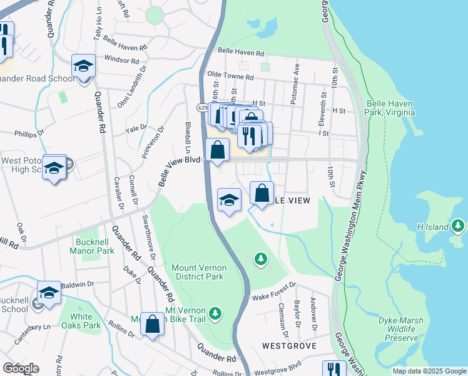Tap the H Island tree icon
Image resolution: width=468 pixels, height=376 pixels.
pyautogui.click(x=459, y=224)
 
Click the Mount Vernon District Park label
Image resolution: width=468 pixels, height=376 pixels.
pyautogui.click(x=198, y=272)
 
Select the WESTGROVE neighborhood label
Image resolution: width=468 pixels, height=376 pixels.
pyautogui.click(x=289, y=345)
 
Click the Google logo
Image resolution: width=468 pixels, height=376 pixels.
pyautogui.click(x=21, y=368)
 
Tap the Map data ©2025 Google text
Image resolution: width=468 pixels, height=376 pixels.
pyautogui.click(x=429, y=371)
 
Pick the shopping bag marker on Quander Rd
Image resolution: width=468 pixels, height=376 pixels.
pyautogui.click(x=152, y=324)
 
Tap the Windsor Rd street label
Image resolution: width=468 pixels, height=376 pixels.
pyautogui.click(x=121, y=60)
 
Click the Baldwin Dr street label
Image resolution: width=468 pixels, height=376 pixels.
pyautogui.click(x=78, y=284)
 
